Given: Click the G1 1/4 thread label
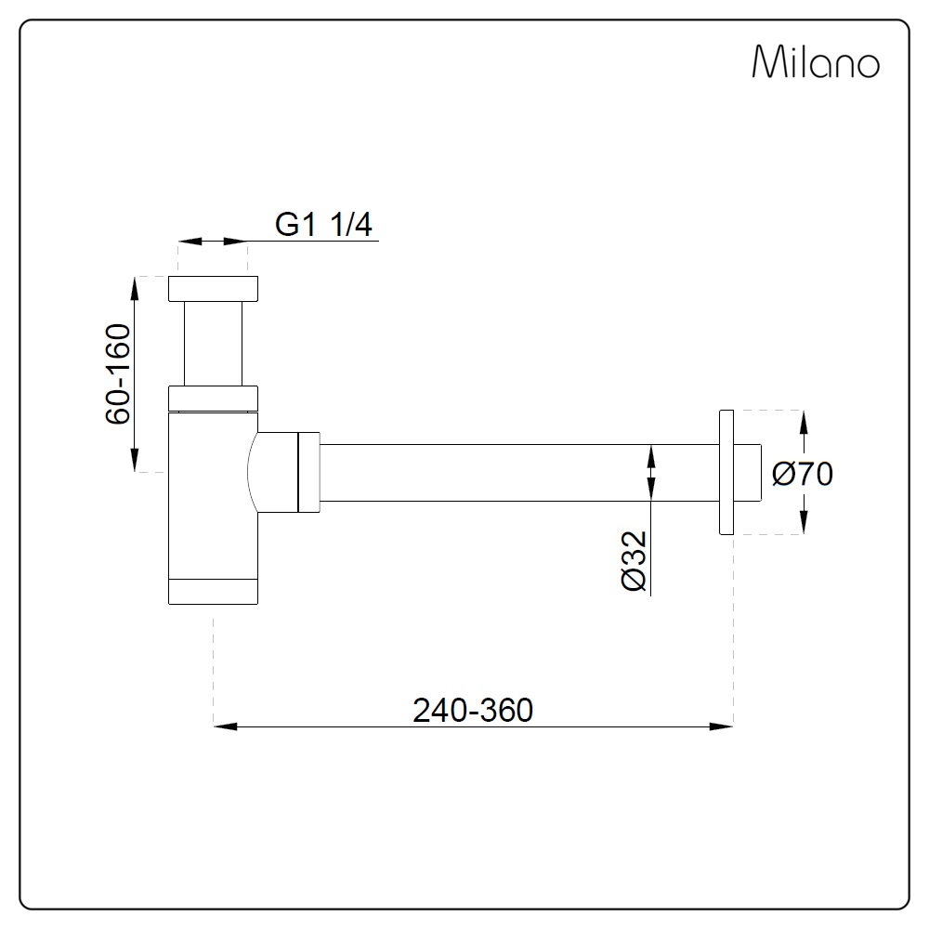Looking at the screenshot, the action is pyautogui.click(x=323, y=225).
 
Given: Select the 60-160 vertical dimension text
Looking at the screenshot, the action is pyautogui.click(x=118, y=373).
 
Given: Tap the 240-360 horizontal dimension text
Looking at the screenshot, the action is pyautogui.click(x=473, y=710).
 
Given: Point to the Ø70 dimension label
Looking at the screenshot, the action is pyautogui.click(x=803, y=474).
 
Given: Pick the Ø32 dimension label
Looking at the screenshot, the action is pyautogui.click(x=634, y=560).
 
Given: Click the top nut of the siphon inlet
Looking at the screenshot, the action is pyautogui.click(x=214, y=289).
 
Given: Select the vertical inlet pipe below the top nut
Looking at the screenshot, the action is pyautogui.click(x=214, y=344).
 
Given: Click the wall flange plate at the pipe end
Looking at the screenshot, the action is pyautogui.click(x=726, y=472).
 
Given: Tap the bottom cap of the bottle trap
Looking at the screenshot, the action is pyautogui.click(x=214, y=591).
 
